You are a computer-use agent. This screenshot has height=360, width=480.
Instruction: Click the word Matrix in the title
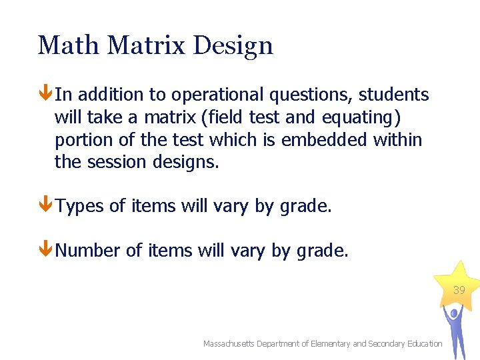[147, 46]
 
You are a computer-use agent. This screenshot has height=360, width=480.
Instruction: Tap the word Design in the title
[233, 46]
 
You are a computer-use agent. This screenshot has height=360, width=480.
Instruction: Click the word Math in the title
[69, 46]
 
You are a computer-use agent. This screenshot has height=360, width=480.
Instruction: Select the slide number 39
[459, 291]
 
